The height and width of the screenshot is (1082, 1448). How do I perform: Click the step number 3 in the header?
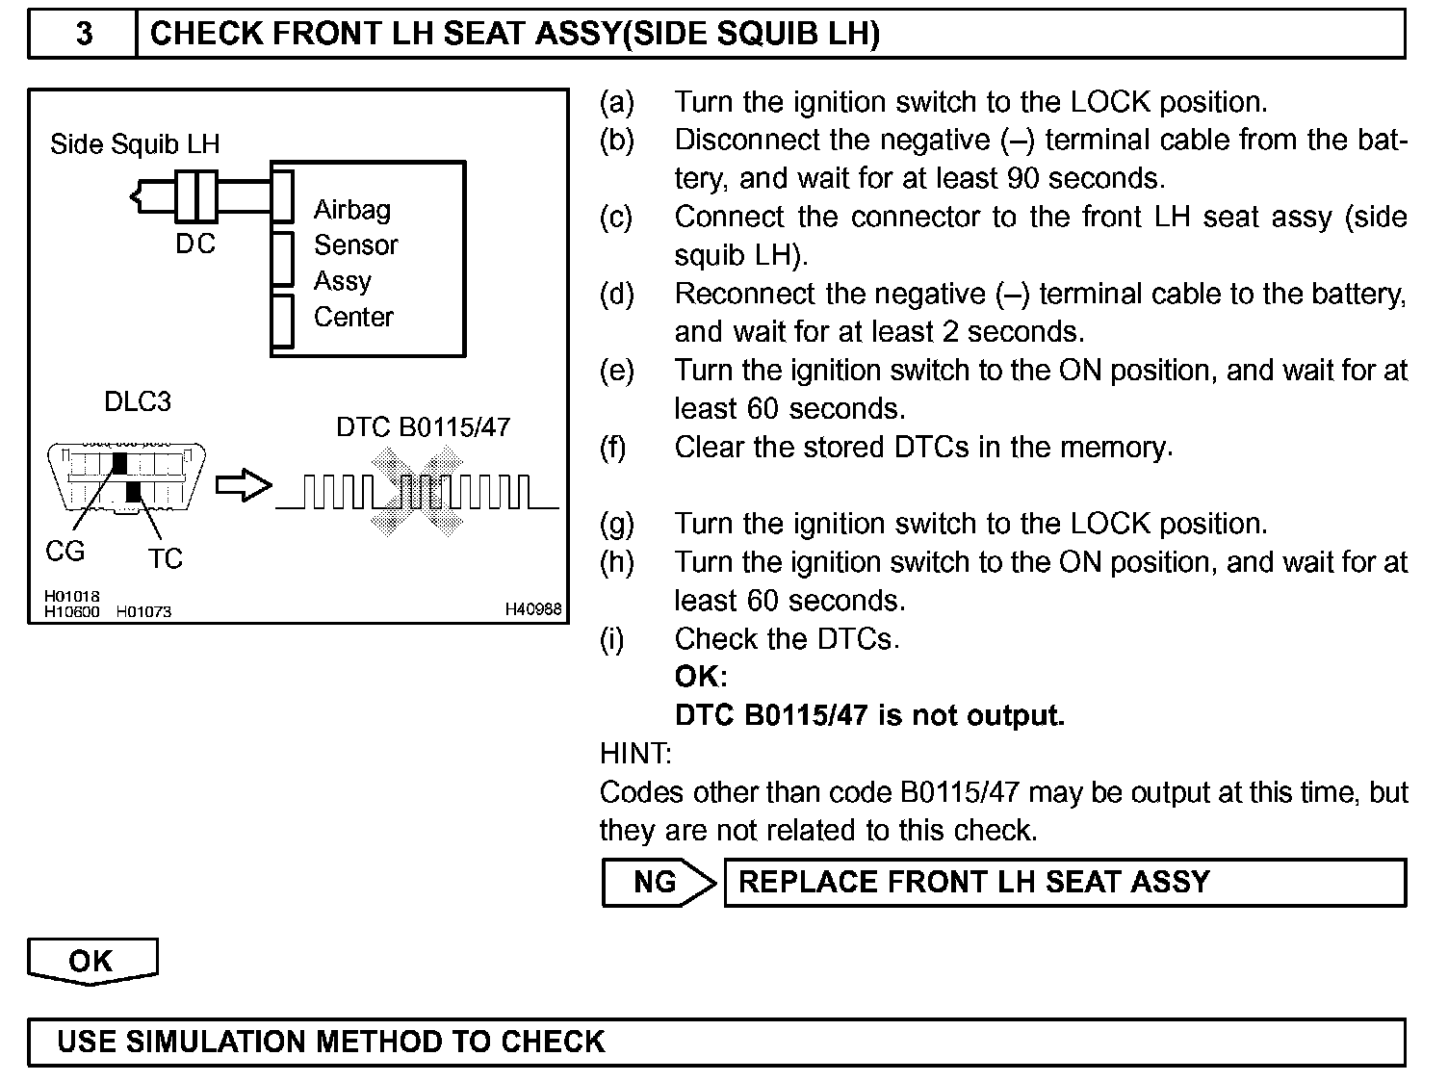click(x=84, y=35)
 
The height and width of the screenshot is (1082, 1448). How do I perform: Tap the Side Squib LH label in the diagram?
click(x=135, y=144)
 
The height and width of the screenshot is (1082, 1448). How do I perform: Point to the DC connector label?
click(x=195, y=245)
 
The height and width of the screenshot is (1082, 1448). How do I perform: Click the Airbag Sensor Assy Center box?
click(x=369, y=260)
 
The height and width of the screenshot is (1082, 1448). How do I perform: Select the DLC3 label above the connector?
click(x=138, y=401)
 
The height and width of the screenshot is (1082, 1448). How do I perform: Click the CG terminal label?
click(x=65, y=552)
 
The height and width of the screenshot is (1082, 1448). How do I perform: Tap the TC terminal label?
click(x=166, y=558)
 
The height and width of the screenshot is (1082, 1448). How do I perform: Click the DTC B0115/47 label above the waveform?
click(x=423, y=427)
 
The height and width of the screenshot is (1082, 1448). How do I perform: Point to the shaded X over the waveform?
click(x=418, y=491)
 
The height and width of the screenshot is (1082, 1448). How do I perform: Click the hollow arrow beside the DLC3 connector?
click(x=243, y=486)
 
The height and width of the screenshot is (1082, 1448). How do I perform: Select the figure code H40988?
click(x=532, y=609)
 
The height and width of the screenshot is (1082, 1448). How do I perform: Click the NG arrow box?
click(x=659, y=882)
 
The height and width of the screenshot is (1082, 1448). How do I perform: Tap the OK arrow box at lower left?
click(x=91, y=962)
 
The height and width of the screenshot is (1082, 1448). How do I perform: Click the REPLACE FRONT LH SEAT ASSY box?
click(x=1064, y=882)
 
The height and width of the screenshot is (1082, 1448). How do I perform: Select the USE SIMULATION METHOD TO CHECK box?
click(x=716, y=1042)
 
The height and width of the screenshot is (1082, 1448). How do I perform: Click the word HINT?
click(x=635, y=753)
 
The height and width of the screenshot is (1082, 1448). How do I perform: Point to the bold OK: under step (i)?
click(x=701, y=677)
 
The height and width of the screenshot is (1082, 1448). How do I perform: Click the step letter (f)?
click(x=612, y=448)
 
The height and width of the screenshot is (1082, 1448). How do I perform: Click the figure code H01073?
click(x=143, y=611)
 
